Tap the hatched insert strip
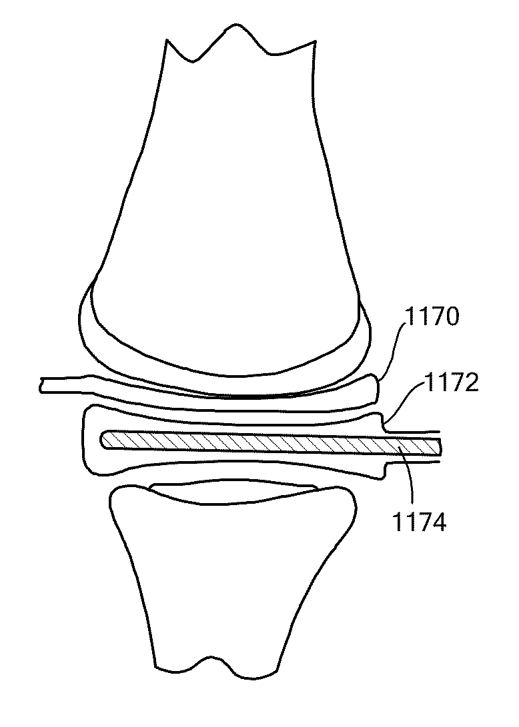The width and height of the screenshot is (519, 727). click(x=267, y=442)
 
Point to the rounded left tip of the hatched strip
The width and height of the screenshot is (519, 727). click(x=103, y=438)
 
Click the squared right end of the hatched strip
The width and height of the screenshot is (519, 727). click(x=440, y=448)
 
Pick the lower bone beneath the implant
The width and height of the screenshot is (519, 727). click(x=230, y=573)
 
